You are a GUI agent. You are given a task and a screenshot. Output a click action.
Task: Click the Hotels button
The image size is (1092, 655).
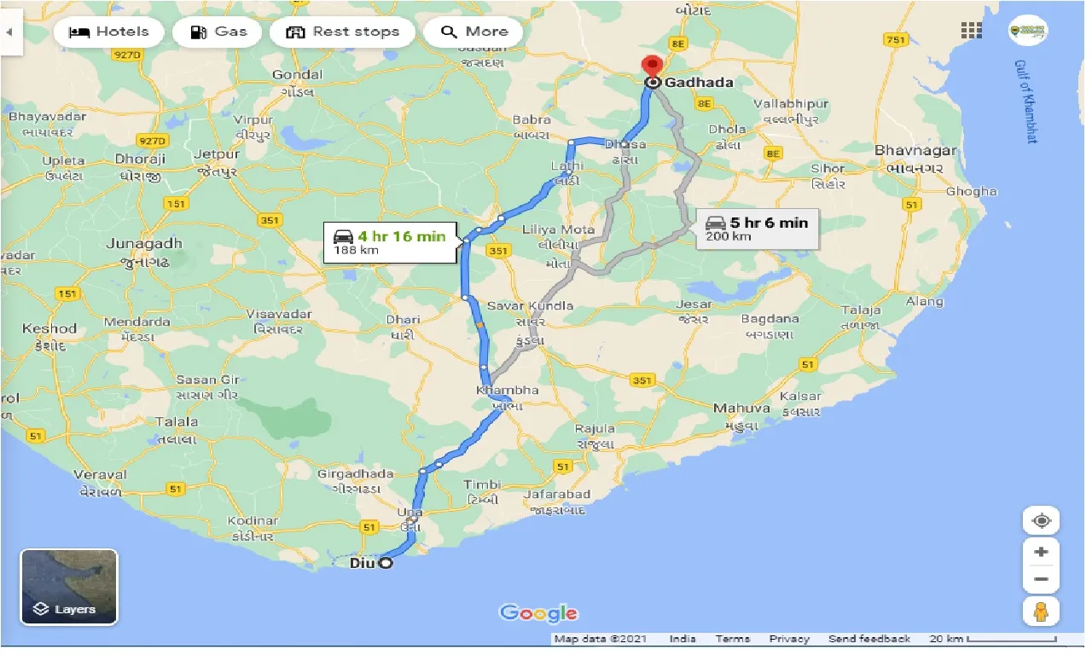107,32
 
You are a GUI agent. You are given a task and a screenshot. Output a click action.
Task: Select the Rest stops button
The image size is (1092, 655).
341,32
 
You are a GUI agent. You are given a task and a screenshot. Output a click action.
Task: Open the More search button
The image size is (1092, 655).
474,32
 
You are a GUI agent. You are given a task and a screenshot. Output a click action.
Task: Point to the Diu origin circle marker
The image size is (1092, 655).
386,563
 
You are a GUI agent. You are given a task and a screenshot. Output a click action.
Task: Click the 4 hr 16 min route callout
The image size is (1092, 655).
389,242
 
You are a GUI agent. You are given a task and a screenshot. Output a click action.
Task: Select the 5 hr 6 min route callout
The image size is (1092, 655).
757,229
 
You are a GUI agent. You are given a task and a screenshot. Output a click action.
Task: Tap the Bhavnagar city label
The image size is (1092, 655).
915,151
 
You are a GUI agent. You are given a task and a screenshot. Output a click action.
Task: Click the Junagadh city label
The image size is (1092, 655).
144,244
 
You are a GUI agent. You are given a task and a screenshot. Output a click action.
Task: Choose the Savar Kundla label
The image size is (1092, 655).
529,305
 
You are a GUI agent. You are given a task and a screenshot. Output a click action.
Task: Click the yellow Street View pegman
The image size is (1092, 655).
1041,611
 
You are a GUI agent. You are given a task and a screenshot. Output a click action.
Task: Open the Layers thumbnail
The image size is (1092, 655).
68,587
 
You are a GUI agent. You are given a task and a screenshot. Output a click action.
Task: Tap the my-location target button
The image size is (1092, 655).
1041,520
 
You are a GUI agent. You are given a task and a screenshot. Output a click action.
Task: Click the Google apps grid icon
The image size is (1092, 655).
971,31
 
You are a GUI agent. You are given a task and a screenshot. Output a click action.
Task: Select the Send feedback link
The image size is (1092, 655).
868,639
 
